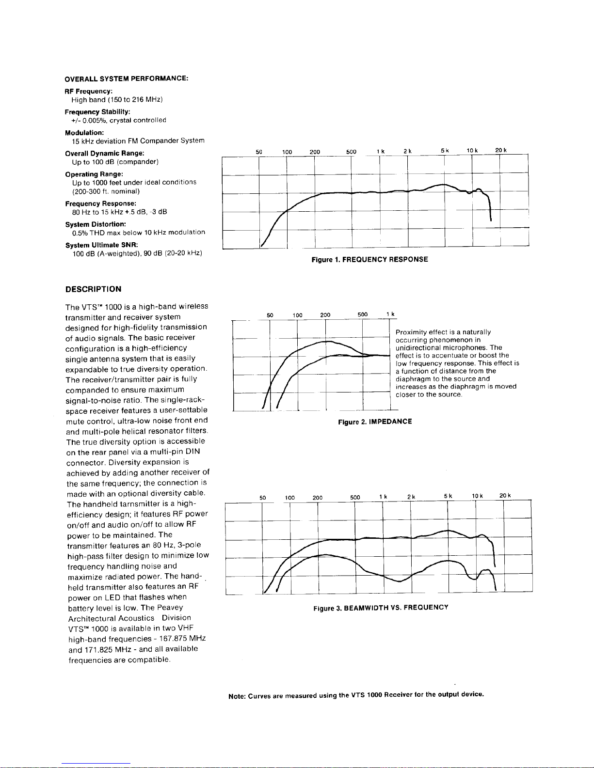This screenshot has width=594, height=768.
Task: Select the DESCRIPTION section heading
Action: click(93, 289)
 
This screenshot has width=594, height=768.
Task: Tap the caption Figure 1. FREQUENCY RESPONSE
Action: click(369, 260)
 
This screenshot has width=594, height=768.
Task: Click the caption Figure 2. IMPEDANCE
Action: click(375, 422)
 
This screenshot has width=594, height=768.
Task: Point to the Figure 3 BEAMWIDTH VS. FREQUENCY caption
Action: click(381, 607)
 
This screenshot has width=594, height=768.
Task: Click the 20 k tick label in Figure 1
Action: click(501, 151)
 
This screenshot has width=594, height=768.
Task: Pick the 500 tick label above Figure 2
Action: click(363, 315)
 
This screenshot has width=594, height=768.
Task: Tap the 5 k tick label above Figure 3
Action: click(448, 496)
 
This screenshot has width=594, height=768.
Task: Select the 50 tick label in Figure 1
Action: click(259, 152)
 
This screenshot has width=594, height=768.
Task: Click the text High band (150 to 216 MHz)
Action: click(117, 100)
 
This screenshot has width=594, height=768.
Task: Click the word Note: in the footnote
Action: click(237, 697)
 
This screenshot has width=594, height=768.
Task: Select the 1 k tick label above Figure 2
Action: click(391, 315)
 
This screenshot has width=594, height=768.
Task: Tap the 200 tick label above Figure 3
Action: click(318, 498)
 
